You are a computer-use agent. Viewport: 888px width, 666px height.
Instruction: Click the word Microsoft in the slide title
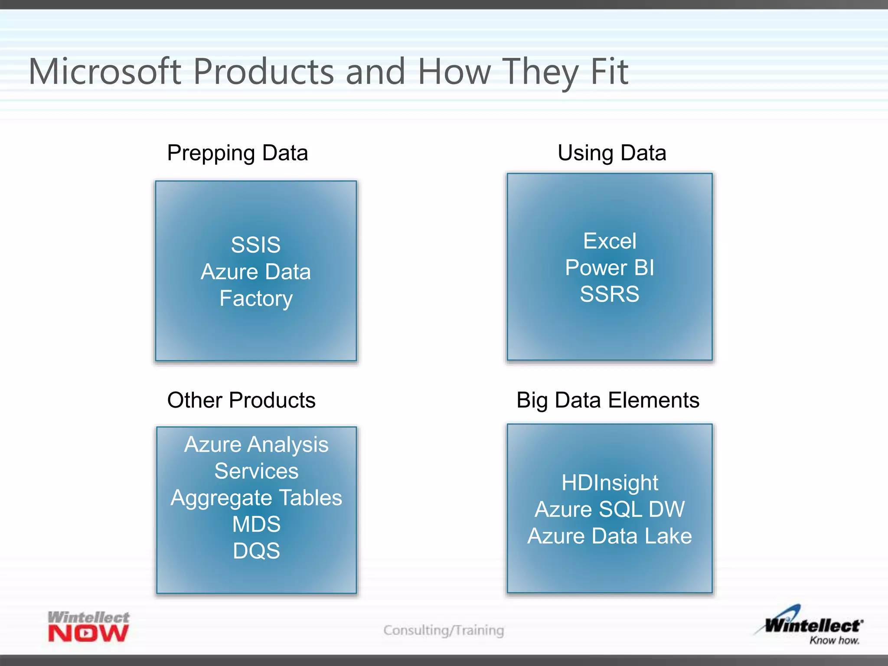click(x=104, y=72)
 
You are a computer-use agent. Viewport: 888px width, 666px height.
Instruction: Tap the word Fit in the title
click(x=609, y=72)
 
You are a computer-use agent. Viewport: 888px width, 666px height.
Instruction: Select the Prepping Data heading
click(x=237, y=153)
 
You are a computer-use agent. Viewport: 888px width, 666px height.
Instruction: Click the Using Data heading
click(x=611, y=153)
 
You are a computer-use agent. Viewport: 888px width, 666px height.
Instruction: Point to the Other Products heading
click(x=241, y=400)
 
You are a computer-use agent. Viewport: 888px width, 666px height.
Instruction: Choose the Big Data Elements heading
click(x=607, y=400)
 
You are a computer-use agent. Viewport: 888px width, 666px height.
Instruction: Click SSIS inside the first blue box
click(x=255, y=245)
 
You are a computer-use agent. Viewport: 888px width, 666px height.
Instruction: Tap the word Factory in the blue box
click(x=256, y=298)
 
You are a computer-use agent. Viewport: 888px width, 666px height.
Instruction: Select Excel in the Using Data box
click(x=610, y=241)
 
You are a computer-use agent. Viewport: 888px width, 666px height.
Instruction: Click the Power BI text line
click(x=610, y=268)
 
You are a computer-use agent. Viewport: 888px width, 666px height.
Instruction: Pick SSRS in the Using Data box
click(x=610, y=294)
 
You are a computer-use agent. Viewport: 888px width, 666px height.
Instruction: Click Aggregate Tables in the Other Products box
click(x=256, y=498)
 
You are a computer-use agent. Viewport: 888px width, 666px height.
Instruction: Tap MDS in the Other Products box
click(x=256, y=524)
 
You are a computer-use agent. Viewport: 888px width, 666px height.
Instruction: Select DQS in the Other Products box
click(x=256, y=551)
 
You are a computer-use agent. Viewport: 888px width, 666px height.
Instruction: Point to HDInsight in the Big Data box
click(x=610, y=483)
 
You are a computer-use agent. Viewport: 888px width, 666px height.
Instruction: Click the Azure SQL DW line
click(x=610, y=509)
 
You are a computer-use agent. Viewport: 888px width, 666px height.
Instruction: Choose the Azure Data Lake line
click(x=610, y=536)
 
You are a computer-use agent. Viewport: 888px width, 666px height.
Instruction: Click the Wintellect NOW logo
click(x=88, y=627)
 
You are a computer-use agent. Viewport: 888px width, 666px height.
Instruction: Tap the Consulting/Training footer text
click(x=444, y=630)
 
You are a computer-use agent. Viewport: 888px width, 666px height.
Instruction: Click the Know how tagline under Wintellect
click(x=834, y=640)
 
